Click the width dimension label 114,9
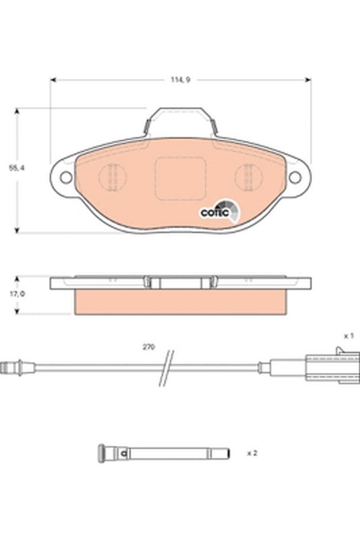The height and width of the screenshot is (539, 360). tap(180, 80)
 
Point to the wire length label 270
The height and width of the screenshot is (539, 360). tap(148, 347)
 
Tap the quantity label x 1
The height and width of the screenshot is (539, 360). tap(349, 335)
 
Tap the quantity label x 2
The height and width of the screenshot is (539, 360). tap(252, 453)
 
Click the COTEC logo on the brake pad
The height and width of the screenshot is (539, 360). tap(218, 212)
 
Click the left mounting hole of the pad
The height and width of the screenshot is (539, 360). tap(66, 177)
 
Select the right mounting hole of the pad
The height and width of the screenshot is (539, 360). tap(295, 177)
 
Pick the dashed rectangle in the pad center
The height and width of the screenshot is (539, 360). tap(180, 179)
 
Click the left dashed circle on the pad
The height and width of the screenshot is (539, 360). tap(113, 178)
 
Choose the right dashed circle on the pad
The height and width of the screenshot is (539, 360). tap(248, 178)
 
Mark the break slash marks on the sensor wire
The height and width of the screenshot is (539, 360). tap(167, 367)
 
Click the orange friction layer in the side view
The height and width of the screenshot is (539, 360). tap(180, 303)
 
